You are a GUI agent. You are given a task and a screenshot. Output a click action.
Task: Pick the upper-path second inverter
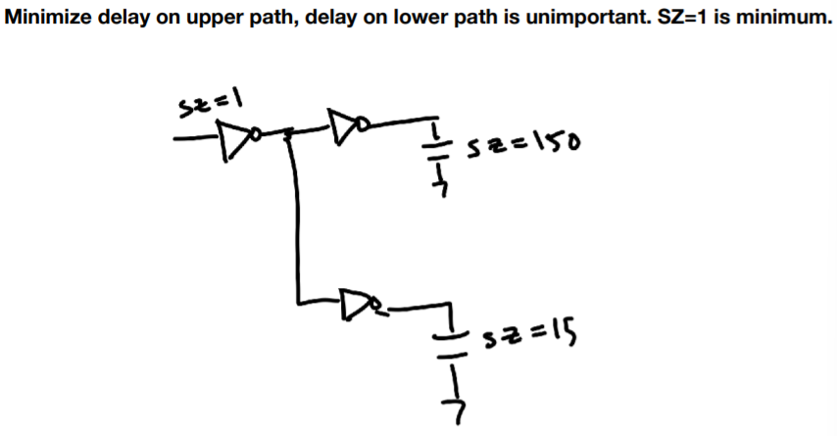[344, 124]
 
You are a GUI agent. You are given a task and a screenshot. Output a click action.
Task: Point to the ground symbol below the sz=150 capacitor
[442, 181]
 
